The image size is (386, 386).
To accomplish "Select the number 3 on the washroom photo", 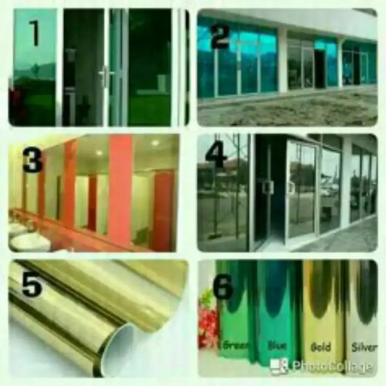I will (x=33, y=161).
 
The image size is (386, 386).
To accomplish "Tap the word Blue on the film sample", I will (x=277, y=345).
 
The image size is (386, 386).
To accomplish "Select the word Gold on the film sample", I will (x=321, y=347).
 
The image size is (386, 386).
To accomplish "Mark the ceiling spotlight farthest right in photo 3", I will (x=155, y=143).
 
